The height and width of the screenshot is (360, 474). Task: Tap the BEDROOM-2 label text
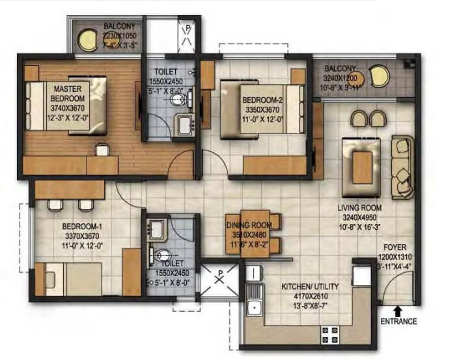coord(261,101)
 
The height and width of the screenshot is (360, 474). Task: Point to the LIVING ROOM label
coord(359,208)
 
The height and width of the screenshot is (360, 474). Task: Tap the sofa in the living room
coord(402,166)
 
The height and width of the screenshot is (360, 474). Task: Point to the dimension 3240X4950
coord(359,217)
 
